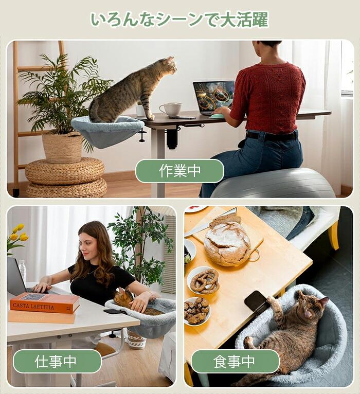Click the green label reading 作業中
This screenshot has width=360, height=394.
coord(179,171)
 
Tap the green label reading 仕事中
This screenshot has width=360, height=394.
coord(57,361)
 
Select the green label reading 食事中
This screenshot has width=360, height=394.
coord(235,361)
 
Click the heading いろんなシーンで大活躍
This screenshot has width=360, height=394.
coord(179,20)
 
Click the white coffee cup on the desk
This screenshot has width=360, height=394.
coord(171,110)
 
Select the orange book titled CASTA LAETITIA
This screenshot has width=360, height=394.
coord(45,303)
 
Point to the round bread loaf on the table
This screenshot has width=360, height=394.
coord(227,244)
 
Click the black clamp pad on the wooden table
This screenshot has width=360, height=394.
coord(255,301)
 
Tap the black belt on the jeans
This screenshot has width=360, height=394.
coord(272,136)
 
